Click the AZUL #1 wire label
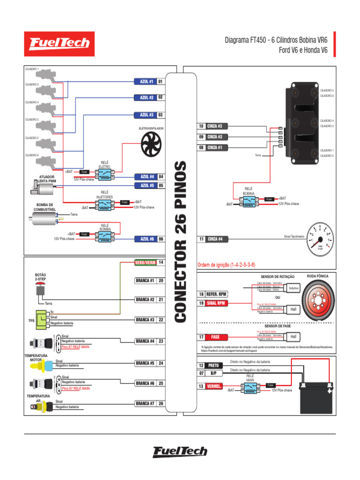point(145,82)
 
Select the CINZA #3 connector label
point(217,126)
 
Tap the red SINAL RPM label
point(216,303)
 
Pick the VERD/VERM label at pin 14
point(145,262)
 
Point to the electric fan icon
point(151,142)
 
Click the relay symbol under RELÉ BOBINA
point(248,202)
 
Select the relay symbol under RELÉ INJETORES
point(105,205)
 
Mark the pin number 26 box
point(161,403)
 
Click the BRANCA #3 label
point(145,320)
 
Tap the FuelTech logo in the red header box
point(59,44)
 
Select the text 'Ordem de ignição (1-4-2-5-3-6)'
point(227,265)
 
